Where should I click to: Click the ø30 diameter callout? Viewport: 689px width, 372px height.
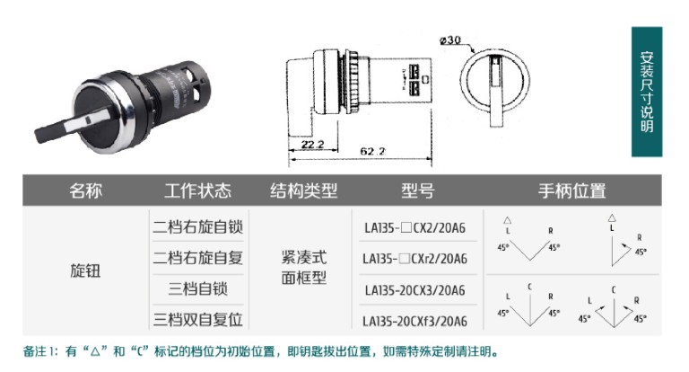(x=450, y=40)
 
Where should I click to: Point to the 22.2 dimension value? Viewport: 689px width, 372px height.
(x=313, y=145)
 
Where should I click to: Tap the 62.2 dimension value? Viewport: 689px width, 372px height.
(x=372, y=152)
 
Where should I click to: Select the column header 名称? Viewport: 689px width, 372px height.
(x=86, y=191)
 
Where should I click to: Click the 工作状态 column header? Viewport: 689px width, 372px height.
(x=197, y=191)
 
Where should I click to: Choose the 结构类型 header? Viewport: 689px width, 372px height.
(x=303, y=191)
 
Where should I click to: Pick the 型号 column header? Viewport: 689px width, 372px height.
(x=417, y=191)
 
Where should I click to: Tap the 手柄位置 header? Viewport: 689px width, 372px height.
(x=572, y=191)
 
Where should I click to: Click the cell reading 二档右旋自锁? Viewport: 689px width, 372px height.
(x=197, y=227)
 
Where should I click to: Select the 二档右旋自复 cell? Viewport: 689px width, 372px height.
(x=197, y=258)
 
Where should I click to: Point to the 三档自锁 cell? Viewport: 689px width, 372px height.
(x=197, y=289)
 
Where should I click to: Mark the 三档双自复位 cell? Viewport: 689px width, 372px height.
(x=197, y=320)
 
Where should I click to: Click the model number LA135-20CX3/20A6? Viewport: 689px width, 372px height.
(x=414, y=290)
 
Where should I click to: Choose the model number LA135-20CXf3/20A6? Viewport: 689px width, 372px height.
(x=414, y=322)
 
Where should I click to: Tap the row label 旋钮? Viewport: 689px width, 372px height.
(x=86, y=271)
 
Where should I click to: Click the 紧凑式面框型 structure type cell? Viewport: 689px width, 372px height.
(x=304, y=268)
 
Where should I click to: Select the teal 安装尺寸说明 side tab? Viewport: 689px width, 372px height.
(x=647, y=92)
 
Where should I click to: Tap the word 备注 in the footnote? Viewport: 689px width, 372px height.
(x=35, y=351)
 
